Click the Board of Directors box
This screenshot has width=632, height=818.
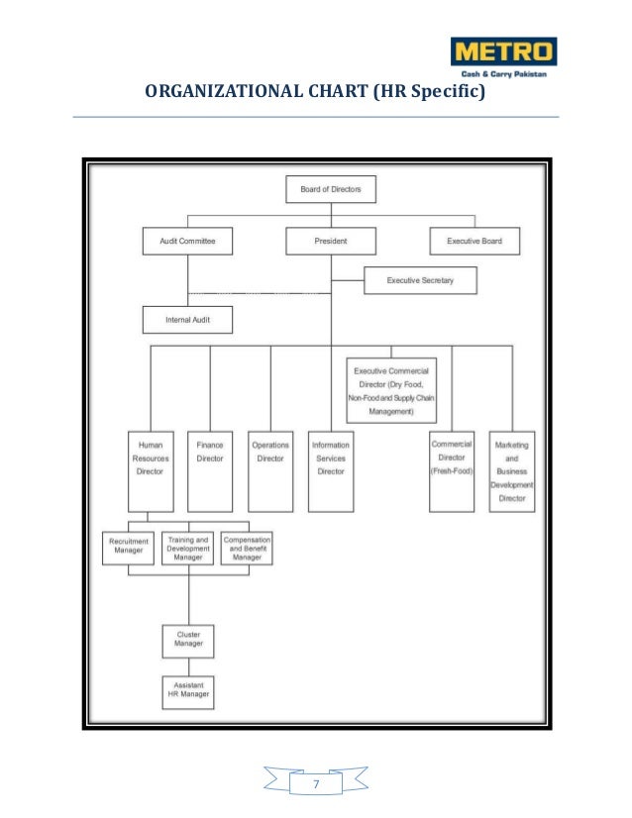click(331, 188)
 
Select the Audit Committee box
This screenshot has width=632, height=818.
click(187, 241)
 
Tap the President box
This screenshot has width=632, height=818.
click(331, 241)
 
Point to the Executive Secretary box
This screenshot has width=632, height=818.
click(420, 281)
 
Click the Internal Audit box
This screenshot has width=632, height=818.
click(187, 321)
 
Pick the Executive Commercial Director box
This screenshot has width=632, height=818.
click(390, 390)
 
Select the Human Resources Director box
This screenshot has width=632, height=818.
click(151, 471)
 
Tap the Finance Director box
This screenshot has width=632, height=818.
click(210, 471)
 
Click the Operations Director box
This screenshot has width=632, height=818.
click(270, 471)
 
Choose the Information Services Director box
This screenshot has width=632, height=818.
click(331, 471)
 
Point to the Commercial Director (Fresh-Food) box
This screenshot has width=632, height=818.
click(452, 471)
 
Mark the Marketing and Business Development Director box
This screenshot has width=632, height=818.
click(512, 471)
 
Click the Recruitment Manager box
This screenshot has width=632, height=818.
click(129, 548)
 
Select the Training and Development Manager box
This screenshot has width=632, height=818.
click(188, 548)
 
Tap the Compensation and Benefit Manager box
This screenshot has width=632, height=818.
click(247, 548)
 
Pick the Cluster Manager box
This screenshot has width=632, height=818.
click(188, 640)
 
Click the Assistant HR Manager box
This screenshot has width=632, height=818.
click(188, 692)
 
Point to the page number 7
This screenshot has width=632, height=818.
click(316, 785)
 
